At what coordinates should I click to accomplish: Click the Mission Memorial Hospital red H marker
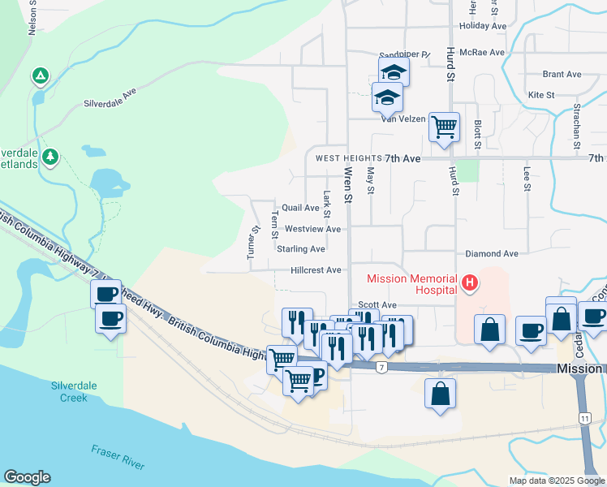468,282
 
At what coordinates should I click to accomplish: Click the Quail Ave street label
300,208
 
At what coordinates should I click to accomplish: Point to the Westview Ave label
312,229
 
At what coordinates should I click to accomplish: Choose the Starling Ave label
300,249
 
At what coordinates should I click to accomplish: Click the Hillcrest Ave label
316,269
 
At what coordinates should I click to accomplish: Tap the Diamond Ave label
492,254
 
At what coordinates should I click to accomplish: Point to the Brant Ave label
562,74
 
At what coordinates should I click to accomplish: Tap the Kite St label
540,95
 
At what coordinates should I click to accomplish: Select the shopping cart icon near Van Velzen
444,127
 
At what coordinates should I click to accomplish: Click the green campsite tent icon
39,77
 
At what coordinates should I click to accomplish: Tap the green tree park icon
50,156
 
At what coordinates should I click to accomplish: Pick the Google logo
27,477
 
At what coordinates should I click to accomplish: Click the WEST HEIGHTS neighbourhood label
349,158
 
